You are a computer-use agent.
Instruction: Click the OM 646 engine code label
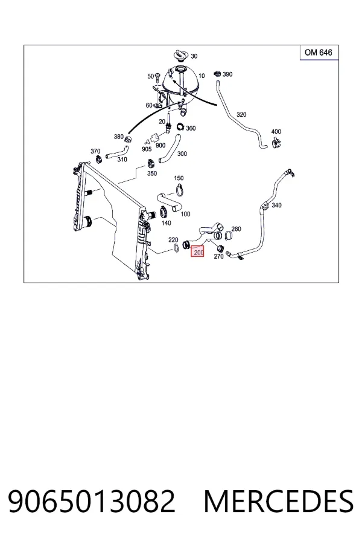(x=319, y=53)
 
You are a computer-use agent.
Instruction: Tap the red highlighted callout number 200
(x=198, y=251)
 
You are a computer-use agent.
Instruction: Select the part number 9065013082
(x=92, y=501)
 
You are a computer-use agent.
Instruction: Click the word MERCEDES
(x=279, y=501)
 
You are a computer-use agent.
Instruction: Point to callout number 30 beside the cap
(x=194, y=56)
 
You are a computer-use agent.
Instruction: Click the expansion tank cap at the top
(x=181, y=56)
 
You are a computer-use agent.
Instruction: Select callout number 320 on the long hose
(x=241, y=114)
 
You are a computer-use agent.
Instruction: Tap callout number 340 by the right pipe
(x=276, y=206)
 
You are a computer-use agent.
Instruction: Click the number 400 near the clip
(x=276, y=132)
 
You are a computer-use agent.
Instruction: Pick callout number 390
(x=227, y=74)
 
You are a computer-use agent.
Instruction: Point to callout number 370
(x=95, y=151)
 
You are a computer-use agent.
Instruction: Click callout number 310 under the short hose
(x=122, y=160)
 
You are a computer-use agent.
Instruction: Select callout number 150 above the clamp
(x=179, y=178)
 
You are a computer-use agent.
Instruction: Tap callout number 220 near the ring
(x=173, y=240)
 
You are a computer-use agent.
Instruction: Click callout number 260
(x=237, y=229)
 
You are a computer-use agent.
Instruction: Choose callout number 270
(x=218, y=257)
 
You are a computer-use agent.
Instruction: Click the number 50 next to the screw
(x=150, y=76)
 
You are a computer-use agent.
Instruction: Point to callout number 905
(x=147, y=149)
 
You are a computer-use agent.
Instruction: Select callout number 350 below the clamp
(x=152, y=173)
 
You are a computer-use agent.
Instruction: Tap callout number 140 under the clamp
(x=167, y=223)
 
